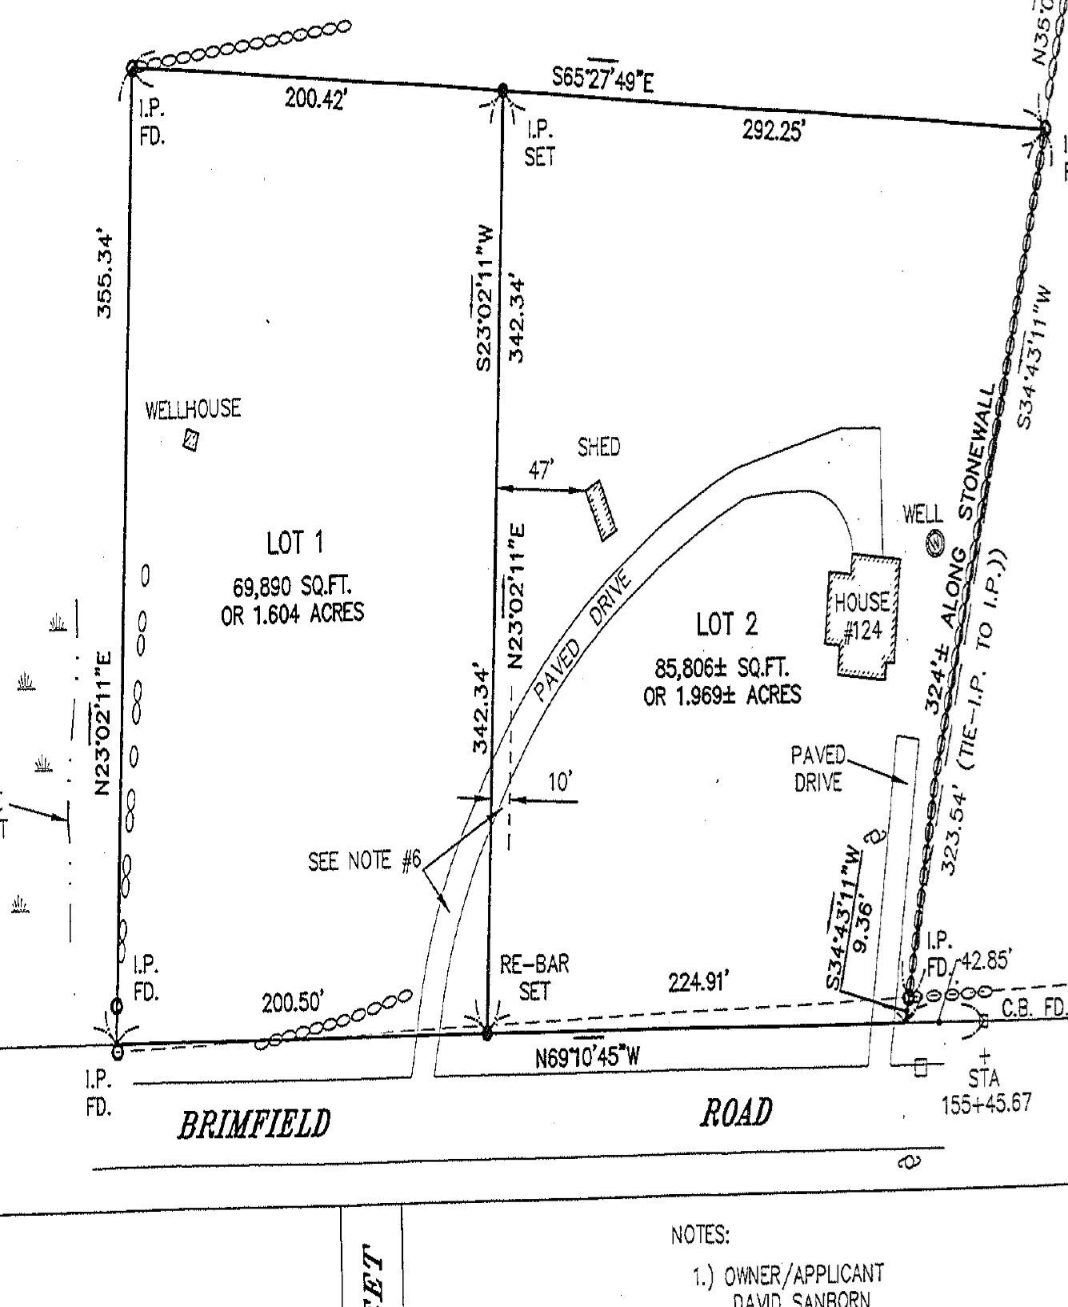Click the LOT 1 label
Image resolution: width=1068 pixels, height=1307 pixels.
[x=294, y=544]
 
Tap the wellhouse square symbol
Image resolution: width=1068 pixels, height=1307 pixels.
[x=190, y=440]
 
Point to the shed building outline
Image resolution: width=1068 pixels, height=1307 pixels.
[x=601, y=510]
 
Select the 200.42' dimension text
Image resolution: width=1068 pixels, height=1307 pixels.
[x=314, y=99]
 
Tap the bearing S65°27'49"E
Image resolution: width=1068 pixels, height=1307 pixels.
[x=602, y=78]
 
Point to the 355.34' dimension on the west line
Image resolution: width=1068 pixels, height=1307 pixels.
[x=105, y=275]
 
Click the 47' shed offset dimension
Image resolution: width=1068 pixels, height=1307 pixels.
[x=541, y=471]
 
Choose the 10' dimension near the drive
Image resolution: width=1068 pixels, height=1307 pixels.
[x=560, y=782]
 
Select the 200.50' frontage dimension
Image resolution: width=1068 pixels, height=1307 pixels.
[x=293, y=1002]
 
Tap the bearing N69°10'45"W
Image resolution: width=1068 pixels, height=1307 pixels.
[x=588, y=1056]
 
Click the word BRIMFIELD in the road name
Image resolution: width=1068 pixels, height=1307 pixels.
[x=253, y=1124]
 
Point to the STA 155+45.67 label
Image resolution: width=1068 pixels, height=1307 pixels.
[x=986, y=1093]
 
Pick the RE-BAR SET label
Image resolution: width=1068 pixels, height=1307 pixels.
[x=534, y=977]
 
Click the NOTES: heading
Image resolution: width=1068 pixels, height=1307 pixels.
[x=700, y=1235]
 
